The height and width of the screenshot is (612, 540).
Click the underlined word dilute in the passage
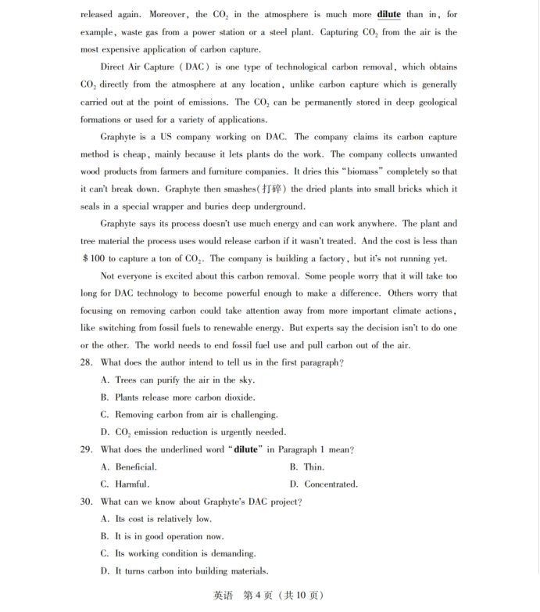[388, 15]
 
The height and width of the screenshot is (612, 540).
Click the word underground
[276, 207]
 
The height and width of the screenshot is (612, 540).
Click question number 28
[87, 363]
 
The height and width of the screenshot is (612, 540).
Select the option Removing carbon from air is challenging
[188, 415]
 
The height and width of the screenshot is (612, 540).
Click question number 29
[87, 450]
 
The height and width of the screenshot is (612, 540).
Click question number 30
[87, 502]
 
